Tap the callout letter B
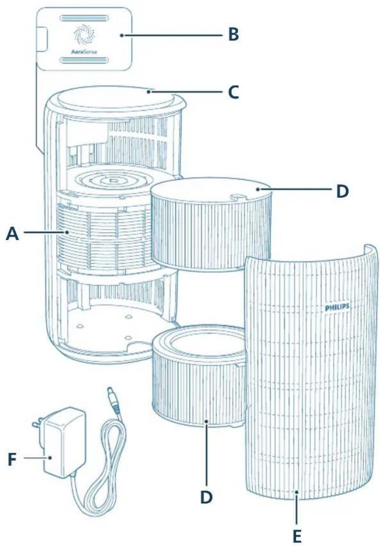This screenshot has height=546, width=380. [x=234, y=35]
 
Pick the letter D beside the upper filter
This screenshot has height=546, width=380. [x=343, y=191]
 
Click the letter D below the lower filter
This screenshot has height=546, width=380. [x=207, y=497]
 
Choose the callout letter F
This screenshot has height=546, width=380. [x=12, y=460]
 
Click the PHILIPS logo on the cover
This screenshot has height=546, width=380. [x=337, y=307]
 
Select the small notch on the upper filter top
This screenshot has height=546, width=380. [x=235, y=197]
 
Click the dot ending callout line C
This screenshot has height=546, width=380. [x=149, y=92]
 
